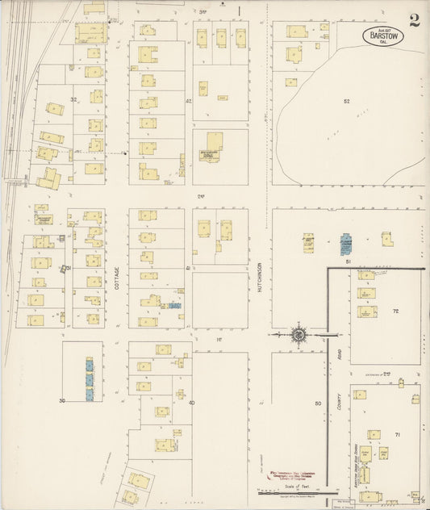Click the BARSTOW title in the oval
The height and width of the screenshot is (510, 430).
point(378,36)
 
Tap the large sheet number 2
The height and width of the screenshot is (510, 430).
point(414,21)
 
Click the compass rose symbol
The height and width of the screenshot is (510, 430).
point(298,334)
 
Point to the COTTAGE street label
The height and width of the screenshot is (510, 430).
point(116,279)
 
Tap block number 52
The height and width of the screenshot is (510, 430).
point(347,101)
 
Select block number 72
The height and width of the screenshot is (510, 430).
point(396,311)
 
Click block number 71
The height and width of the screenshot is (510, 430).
point(397,435)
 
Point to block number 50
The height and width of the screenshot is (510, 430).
point(318,403)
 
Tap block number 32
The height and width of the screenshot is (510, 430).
point(73,99)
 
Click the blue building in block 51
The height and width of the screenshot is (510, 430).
point(346,242)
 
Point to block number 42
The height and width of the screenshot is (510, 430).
point(188,101)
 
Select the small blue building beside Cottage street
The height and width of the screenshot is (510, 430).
point(173,306)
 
